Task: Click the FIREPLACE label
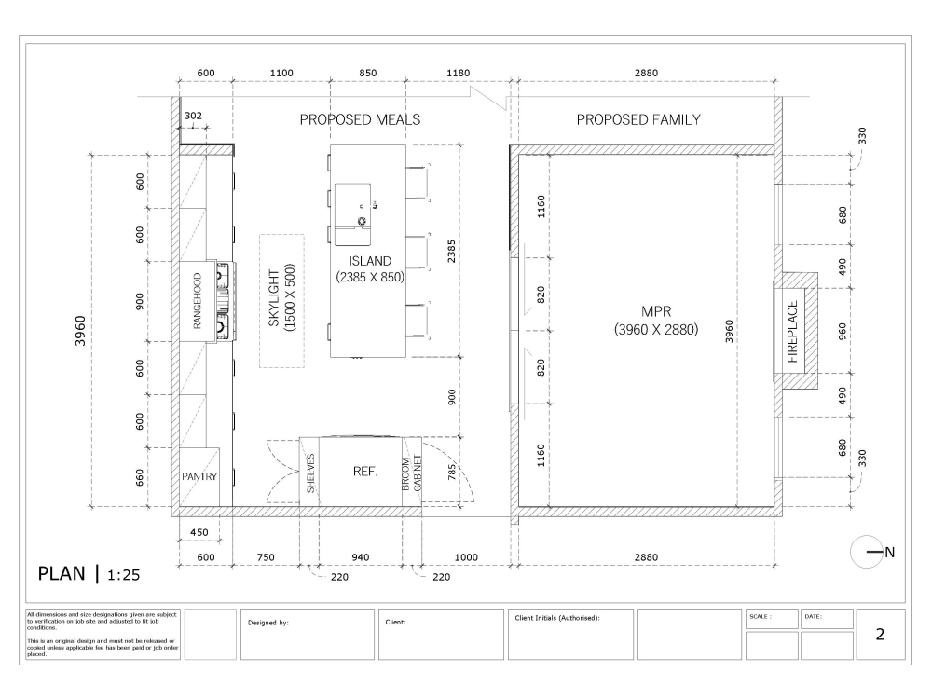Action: tap(794, 332)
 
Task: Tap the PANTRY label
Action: tap(199, 476)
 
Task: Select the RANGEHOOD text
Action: tap(198, 301)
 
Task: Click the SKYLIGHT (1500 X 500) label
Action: tap(281, 300)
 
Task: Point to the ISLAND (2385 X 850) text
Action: tap(371, 268)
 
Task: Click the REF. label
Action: tap(364, 472)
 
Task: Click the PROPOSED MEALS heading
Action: tap(360, 120)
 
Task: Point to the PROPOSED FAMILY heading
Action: tap(637, 120)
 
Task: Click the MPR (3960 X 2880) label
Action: tap(656, 320)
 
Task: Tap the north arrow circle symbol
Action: tap(864, 552)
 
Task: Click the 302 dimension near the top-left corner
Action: tap(193, 116)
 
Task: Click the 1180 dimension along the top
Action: tap(458, 73)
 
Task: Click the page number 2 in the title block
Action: tap(879, 635)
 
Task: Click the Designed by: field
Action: tap(268, 621)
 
